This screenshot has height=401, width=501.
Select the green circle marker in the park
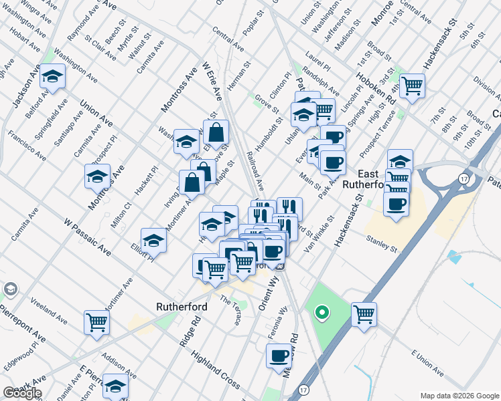point(321,311)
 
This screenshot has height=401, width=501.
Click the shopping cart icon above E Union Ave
point(364,313)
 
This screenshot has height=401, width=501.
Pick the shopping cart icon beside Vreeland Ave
point(96,321)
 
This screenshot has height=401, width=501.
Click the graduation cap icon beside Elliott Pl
point(153,239)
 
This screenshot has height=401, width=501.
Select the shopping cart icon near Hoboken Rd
point(412,85)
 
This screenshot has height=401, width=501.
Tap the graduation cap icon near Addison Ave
point(115,386)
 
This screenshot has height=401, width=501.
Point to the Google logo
point(21,393)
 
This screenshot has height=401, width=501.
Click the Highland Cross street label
point(215,370)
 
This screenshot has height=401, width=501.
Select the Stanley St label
point(381,242)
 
